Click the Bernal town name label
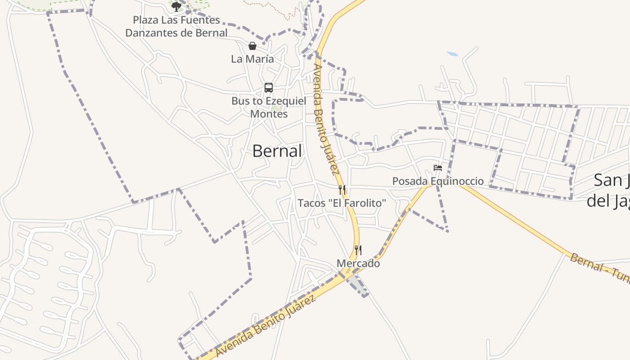tap(277, 151)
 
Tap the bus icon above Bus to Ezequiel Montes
tap(269, 88)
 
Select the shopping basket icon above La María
tap(252, 46)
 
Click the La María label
tap(252, 59)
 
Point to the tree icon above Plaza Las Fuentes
tap(176, 6)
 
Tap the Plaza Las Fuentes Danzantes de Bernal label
tap(176, 27)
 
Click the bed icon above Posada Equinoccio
tap(438, 168)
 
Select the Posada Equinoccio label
tap(438, 181)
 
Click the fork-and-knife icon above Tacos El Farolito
tap(342, 189)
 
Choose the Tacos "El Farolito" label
tap(342, 203)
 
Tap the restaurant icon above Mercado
tap(358, 250)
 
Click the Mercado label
tap(358, 264)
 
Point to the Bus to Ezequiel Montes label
tap(269, 108)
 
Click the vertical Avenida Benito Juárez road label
tap(325, 119)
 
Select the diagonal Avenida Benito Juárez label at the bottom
tap(265, 326)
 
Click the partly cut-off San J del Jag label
tap(610, 191)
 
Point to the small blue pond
tap(452, 54)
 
